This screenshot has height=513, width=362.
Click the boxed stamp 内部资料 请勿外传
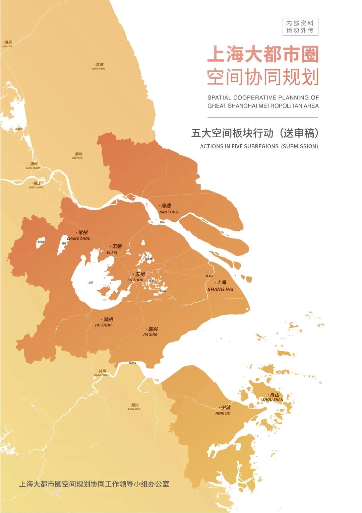click(300, 27)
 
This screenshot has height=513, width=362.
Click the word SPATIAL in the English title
click(219, 98)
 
